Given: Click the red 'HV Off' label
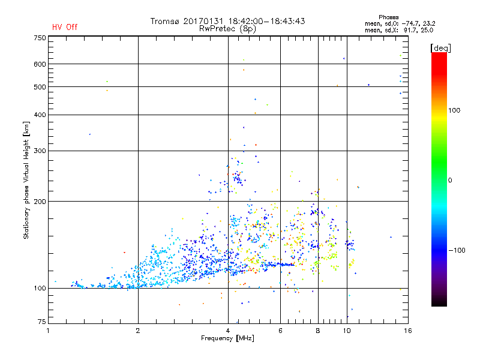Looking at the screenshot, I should [65, 27].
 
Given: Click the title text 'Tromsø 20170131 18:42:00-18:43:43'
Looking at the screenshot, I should [228, 21].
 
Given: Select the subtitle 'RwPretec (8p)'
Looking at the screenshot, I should [228, 28].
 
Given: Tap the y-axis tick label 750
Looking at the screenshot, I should [40, 38].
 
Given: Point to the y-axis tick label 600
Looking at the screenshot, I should [40, 64].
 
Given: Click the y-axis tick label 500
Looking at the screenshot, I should [40, 86].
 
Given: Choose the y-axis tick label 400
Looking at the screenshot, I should [40, 115].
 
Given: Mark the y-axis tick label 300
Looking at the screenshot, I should [40, 151].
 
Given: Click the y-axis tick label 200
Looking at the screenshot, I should [40, 201].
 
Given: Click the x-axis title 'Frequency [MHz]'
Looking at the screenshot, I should [228, 338].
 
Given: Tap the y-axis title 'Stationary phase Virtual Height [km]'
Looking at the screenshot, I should [26, 180].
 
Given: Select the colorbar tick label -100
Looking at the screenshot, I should [460, 250].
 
